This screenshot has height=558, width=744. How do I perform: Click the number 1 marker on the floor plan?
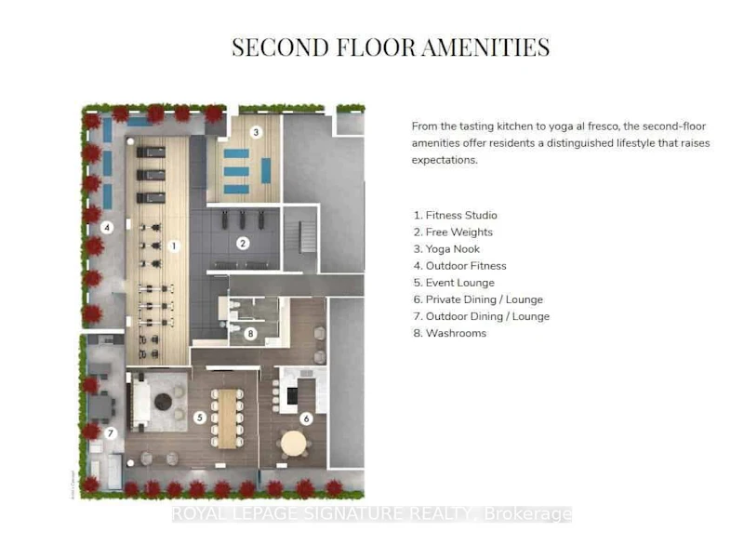click(174, 246)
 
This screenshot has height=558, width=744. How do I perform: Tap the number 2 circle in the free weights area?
click(243, 244)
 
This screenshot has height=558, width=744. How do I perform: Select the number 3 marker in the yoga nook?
click(257, 132)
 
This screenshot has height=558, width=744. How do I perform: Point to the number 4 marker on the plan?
click(107, 228)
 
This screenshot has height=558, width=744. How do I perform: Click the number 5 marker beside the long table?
click(200, 418)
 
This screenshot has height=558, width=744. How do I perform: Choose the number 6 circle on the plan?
click(307, 418)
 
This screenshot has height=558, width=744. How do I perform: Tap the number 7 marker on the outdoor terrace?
click(111, 432)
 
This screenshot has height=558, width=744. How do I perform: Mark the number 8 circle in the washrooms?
click(250, 334)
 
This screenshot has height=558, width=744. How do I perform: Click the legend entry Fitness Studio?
click(456, 216)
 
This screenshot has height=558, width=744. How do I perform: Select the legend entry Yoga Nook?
click(446, 249)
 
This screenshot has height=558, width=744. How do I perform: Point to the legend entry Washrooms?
click(450, 333)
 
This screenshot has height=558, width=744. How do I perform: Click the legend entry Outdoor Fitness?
click(459, 266)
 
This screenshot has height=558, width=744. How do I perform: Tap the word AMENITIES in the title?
click(485, 47)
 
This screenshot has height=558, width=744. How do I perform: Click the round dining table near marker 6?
click(294, 444)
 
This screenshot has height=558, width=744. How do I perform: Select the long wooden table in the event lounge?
click(227, 418)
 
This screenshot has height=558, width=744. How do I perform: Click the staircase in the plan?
click(307, 237)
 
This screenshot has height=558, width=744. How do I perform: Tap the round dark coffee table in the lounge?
click(164, 402)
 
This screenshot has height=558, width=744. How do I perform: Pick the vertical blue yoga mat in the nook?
click(266, 171)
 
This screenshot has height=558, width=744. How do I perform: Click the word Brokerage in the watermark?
click(527, 514)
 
